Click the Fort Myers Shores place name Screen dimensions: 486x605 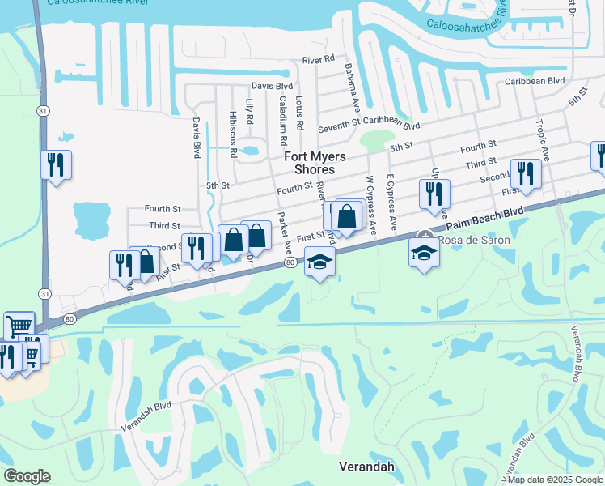[x=309, y=162]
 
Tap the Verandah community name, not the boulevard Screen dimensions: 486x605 [x=365, y=467]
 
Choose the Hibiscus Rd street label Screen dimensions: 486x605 [x=233, y=133]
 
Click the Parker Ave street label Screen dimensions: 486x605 [x=284, y=232]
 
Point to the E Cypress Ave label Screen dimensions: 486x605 [x=391, y=202]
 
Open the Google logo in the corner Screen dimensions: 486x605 [x=27, y=476]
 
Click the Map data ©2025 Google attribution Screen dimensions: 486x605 [x=555, y=480]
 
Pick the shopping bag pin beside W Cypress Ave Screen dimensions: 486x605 [x=346, y=217]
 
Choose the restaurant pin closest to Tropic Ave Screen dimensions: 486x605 [x=526, y=173]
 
